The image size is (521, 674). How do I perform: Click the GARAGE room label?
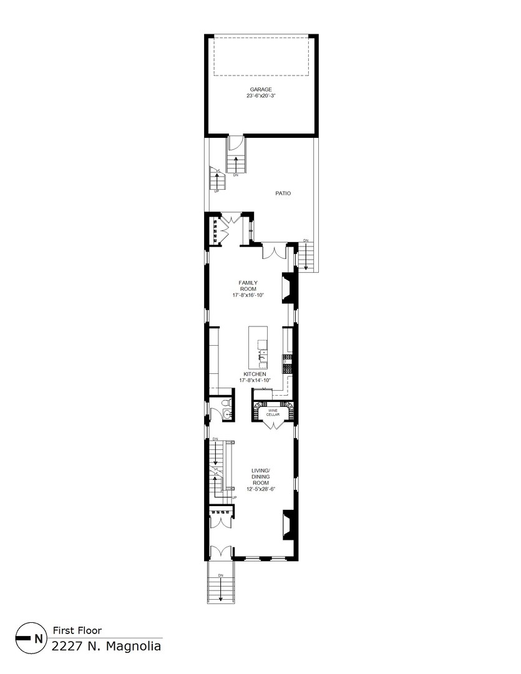click(x=261, y=90)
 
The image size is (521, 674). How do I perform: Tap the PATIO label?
click(x=283, y=193)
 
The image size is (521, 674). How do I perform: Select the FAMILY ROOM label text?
click(x=248, y=286)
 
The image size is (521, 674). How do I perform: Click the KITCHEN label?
click(x=255, y=374)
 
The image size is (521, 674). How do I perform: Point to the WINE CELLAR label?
click(x=273, y=413)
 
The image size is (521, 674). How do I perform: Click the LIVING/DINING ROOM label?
click(x=261, y=477)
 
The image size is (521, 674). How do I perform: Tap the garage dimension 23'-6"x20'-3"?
click(x=261, y=96)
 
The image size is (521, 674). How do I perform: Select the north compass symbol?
click(x=31, y=638)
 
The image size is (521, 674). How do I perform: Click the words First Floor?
click(x=77, y=630)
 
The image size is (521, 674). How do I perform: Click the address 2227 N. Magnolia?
click(x=106, y=646)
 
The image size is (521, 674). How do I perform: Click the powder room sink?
click(x=226, y=414)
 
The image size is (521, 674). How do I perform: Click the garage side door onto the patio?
click(x=236, y=143)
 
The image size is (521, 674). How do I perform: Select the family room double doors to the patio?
click(x=274, y=252)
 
